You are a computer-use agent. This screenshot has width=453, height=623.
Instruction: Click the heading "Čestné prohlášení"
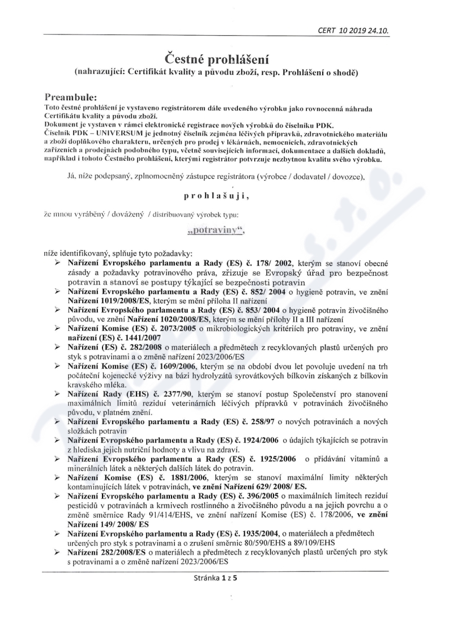pos(226,58)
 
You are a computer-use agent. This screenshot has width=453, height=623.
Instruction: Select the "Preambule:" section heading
pos(74,97)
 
